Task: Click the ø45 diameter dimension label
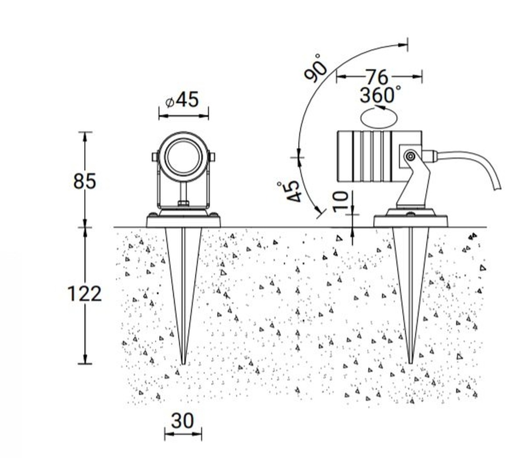182,99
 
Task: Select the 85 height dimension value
85,181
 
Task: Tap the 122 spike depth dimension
85,293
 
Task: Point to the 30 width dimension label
182,420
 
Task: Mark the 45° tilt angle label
291,192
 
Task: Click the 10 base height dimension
341,201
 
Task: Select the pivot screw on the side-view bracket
410,156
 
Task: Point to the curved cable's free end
498,188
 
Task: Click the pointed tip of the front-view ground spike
183,364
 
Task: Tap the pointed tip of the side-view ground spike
410,363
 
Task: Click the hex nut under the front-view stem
183,203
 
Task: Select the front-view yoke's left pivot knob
155,157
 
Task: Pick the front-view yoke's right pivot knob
212,157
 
